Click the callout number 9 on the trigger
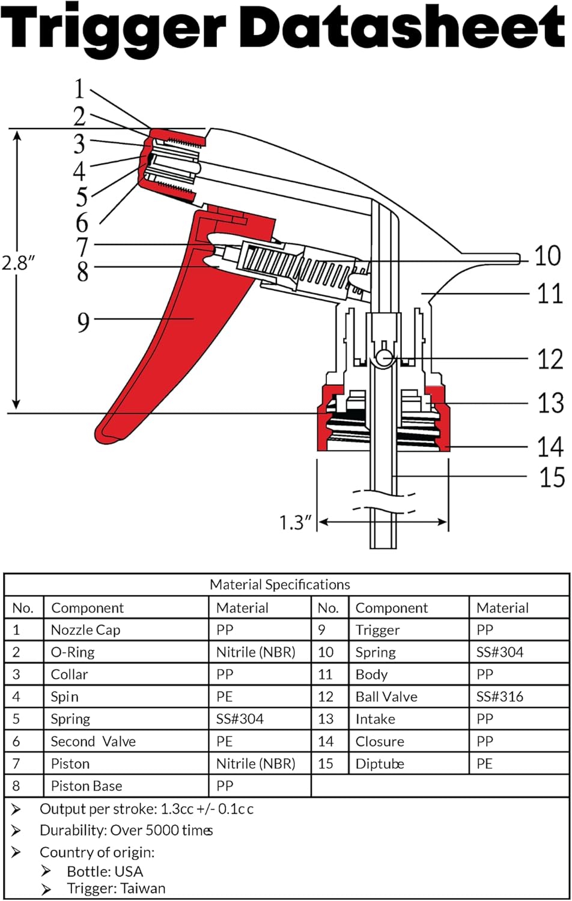click(x=83, y=323)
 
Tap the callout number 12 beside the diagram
click(x=550, y=359)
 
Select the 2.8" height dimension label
click(x=18, y=262)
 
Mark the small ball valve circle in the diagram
click(x=384, y=359)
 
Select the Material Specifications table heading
click(x=279, y=584)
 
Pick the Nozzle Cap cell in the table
click(x=85, y=630)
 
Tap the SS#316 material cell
click(x=499, y=697)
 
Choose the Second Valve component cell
click(x=93, y=741)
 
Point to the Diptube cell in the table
click(x=379, y=763)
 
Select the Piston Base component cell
click(x=86, y=786)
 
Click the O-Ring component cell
click(x=72, y=652)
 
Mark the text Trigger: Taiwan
click(x=116, y=888)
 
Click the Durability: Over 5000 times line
click(x=126, y=830)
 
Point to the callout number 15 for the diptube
click(x=552, y=477)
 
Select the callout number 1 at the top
click(x=79, y=89)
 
